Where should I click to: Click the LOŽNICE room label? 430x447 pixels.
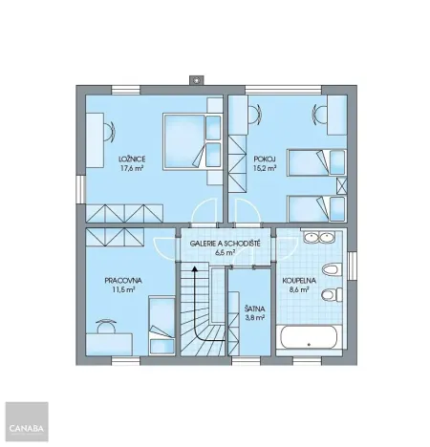pos(132,158)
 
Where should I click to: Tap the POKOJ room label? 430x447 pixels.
pos(265,158)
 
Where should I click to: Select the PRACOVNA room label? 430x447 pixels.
pos(123,280)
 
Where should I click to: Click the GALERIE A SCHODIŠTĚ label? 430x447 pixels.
pos(226,245)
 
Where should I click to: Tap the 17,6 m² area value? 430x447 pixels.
pos(132,168)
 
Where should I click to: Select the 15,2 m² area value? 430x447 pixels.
pos(265,168)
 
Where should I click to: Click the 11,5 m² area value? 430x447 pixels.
pos(123,290)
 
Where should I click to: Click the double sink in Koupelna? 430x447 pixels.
pos(317,238)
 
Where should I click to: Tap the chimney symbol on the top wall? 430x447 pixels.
pos(199,80)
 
